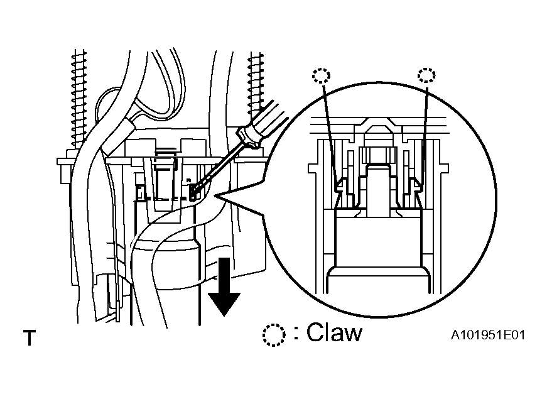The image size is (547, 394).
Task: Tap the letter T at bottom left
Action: (x=30, y=337)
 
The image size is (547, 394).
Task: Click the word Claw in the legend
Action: (x=335, y=332)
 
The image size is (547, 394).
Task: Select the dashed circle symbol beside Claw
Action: (x=274, y=335)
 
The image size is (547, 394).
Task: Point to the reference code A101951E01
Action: (x=488, y=335)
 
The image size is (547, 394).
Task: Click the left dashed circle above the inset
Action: (x=321, y=75)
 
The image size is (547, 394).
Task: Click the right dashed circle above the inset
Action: (x=426, y=75)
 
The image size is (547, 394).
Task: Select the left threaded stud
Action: (x=79, y=99)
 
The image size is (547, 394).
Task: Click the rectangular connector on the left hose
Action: (x=119, y=137)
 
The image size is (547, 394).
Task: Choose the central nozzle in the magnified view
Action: (x=378, y=189)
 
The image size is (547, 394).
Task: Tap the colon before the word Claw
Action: (x=296, y=333)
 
